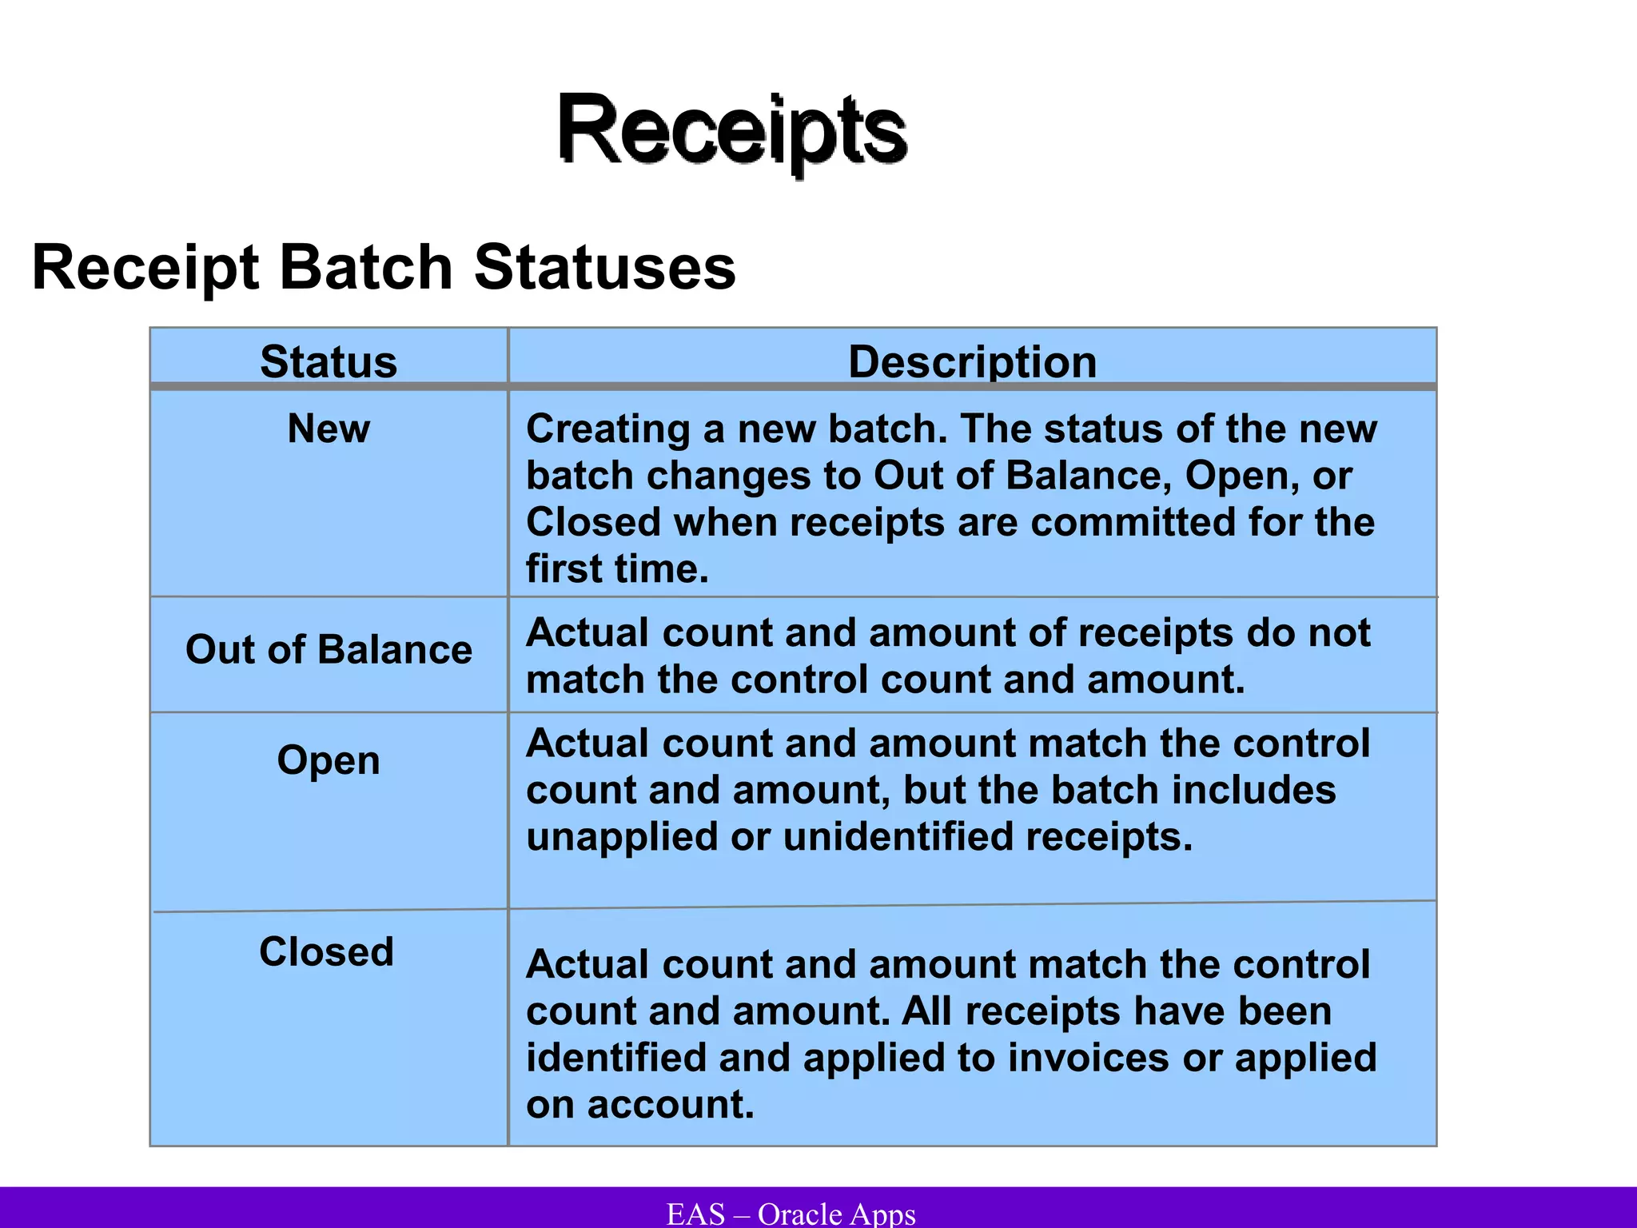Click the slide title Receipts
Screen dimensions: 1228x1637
[x=731, y=130]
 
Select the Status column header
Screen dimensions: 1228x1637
[x=329, y=361]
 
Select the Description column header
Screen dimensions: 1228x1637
[x=972, y=361]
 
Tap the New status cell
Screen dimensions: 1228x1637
[x=329, y=429]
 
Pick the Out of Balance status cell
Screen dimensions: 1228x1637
[x=329, y=649]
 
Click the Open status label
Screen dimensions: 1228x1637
[x=329, y=760]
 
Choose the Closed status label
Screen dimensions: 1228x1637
[x=326, y=951]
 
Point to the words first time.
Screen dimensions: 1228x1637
[x=617, y=569]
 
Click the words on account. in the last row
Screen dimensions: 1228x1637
[x=639, y=1105]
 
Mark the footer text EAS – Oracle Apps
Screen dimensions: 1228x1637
[x=791, y=1213]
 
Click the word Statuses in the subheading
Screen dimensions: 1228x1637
[x=605, y=268]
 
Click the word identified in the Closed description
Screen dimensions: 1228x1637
[x=615, y=1058]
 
